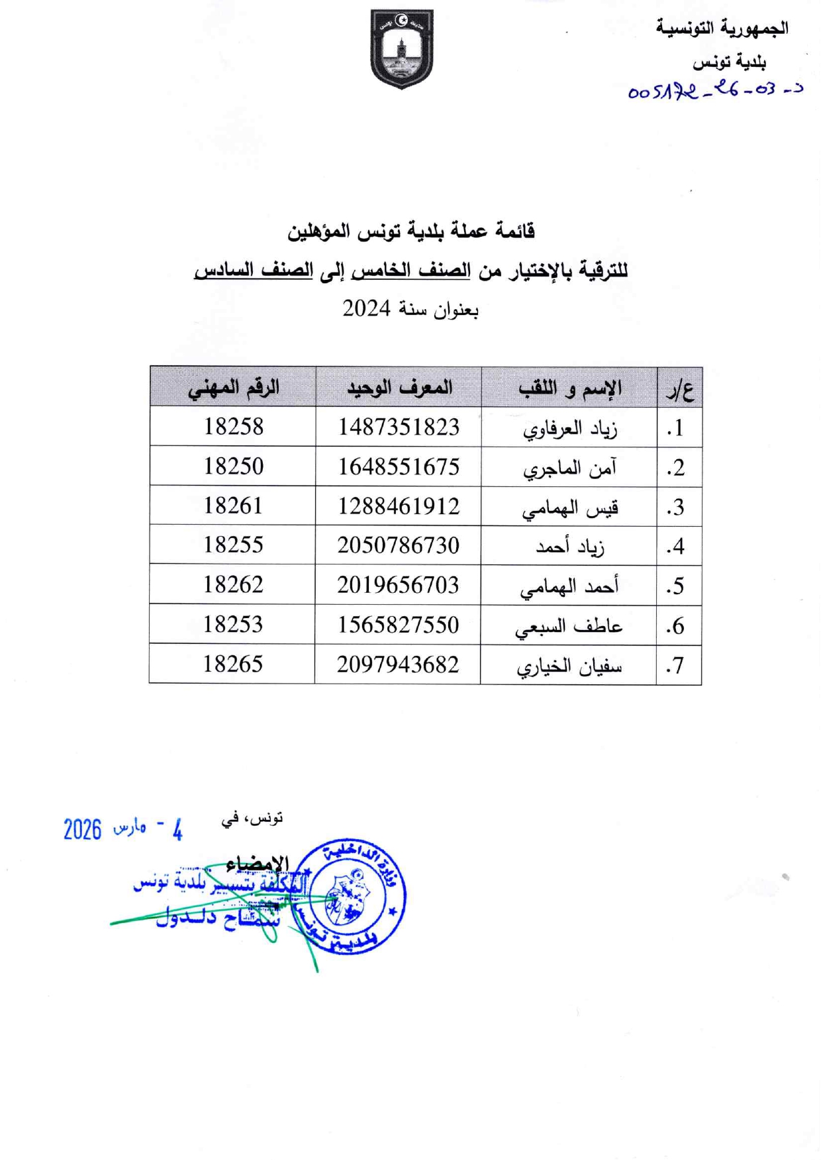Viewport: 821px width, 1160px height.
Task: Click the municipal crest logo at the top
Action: tap(401, 48)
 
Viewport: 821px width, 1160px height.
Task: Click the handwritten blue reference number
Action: tap(715, 91)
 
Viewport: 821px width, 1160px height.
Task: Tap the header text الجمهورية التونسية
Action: tap(722, 28)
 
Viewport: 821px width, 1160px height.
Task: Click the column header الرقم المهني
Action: tap(233, 388)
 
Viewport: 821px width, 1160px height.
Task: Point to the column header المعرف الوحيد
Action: tap(399, 388)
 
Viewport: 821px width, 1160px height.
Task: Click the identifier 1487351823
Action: tap(399, 427)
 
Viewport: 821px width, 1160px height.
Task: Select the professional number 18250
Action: tap(233, 467)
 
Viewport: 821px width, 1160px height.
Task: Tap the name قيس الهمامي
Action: tap(569, 508)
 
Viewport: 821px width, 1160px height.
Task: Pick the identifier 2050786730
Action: tap(398, 545)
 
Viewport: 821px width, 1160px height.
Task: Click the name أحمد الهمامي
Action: tap(569, 587)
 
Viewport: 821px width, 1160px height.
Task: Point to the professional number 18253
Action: tap(232, 624)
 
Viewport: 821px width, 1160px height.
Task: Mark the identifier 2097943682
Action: tap(397, 664)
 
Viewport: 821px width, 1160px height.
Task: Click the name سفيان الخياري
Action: tap(569, 666)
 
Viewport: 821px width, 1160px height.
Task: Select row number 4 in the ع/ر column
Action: tap(675, 547)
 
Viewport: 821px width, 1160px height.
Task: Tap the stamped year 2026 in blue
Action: tap(83, 829)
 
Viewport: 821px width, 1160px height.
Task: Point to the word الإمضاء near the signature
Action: tap(258, 864)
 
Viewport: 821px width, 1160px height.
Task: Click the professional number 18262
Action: tap(232, 584)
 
